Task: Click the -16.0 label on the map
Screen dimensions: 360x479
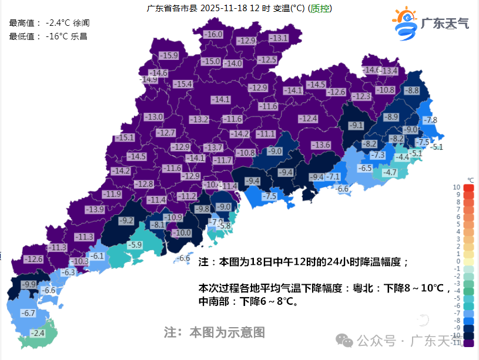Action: (x=213, y=35)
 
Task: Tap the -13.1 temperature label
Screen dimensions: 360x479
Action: (x=278, y=38)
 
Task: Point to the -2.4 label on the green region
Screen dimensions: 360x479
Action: (x=37, y=333)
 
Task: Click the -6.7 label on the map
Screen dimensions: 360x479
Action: (x=28, y=313)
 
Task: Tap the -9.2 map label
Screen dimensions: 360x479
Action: (x=126, y=221)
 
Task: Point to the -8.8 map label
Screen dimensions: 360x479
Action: (x=411, y=90)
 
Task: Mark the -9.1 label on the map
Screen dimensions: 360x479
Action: (x=356, y=125)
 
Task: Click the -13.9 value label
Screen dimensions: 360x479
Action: (x=94, y=209)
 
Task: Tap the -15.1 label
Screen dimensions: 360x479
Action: (x=125, y=137)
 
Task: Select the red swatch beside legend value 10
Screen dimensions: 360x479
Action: (x=468, y=187)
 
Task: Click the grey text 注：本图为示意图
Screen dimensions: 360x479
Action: (x=214, y=332)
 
